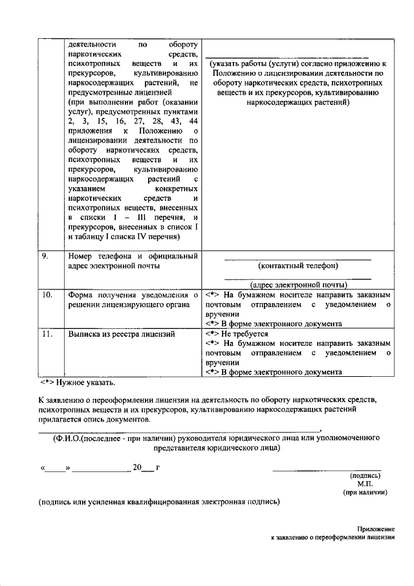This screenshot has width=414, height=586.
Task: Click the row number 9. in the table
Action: click(x=45, y=256)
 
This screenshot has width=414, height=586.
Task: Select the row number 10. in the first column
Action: click(x=47, y=295)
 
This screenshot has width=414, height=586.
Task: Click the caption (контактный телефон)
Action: click(x=298, y=265)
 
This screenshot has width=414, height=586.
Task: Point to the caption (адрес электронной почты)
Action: click(x=298, y=284)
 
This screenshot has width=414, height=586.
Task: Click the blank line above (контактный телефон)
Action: click(x=298, y=259)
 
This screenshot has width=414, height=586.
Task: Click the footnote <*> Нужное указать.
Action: click(x=78, y=383)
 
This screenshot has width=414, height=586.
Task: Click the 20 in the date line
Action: click(x=136, y=466)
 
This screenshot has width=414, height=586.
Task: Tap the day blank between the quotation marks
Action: click(x=56, y=468)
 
